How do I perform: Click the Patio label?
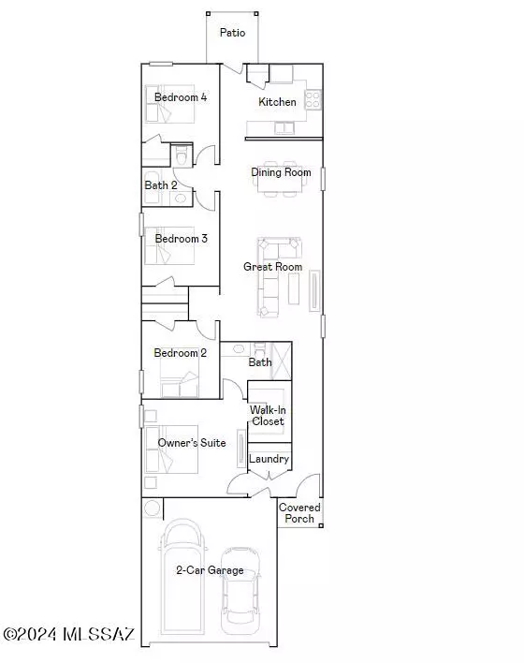click(x=232, y=33)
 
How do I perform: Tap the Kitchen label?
click(x=277, y=102)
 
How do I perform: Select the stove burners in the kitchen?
click(x=313, y=100)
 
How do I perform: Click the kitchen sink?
click(x=284, y=127)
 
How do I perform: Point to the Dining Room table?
click(x=280, y=179)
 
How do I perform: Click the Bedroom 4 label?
click(x=181, y=97)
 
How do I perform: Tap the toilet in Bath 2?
click(x=182, y=155)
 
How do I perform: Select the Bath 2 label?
click(x=161, y=185)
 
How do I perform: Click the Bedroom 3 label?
click(x=181, y=239)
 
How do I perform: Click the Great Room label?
click(x=272, y=267)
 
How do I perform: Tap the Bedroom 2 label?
click(x=180, y=353)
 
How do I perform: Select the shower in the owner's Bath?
click(x=281, y=361)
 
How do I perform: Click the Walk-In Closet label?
click(x=268, y=415)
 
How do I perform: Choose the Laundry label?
click(x=269, y=459)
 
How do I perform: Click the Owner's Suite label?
click(x=192, y=443)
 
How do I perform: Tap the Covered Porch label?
click(x=299, y=513)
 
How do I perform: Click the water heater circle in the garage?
click(x=152, y=508)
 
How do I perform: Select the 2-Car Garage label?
click(x=210, y=570)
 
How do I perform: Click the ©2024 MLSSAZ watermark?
click(x=69, y=634)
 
